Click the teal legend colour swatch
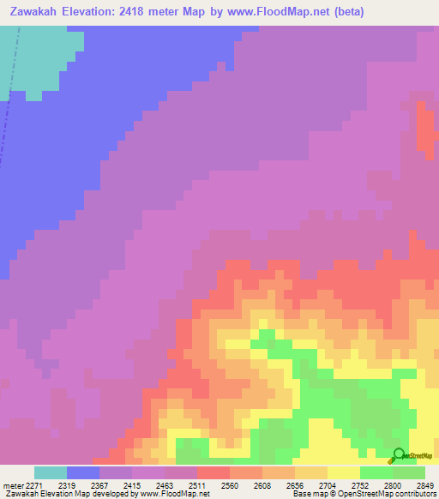click(51, 472)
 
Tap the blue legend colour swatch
click(83, 472)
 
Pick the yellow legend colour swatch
click(344, 472)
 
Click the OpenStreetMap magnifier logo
click(398, 455)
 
